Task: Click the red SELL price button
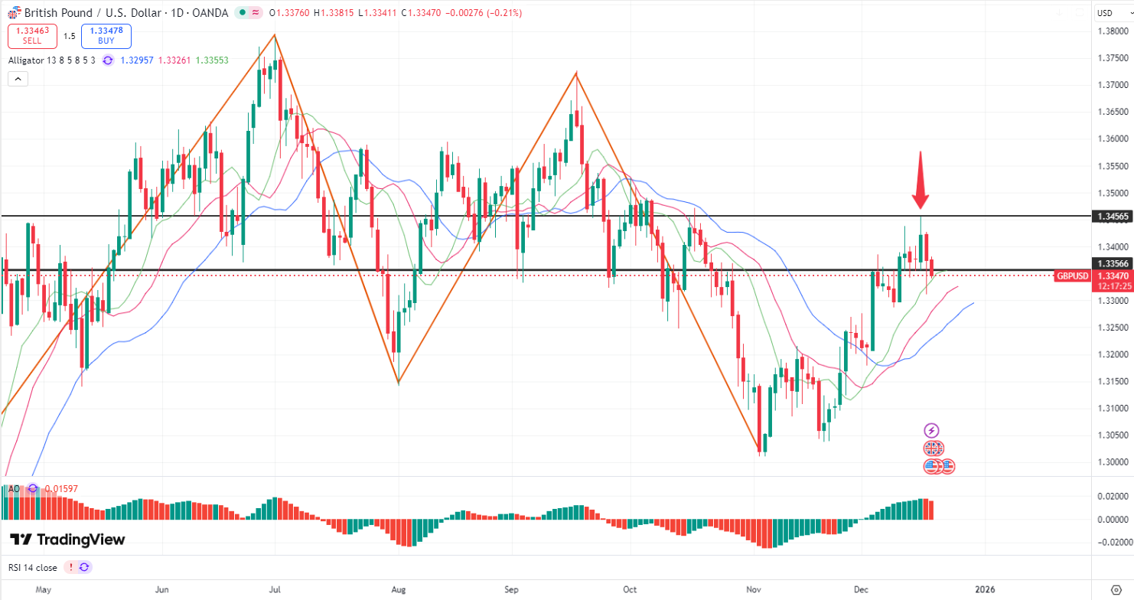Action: (x=31, y=36)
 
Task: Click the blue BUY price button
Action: (x=106, y=36)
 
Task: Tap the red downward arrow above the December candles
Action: (x=920, y=181)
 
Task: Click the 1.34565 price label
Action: (x=1112, y=217)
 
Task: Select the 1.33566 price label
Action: (x=1112, y=262)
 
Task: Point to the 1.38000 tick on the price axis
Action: (x=1112, y=31)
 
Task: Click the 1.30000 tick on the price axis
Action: (x=1112, y=461)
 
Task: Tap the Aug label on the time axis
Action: (x=398, y=590)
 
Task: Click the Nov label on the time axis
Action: (x=754, y=590)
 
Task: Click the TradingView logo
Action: (x=67, y=540)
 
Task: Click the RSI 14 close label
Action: (x=33, y=567)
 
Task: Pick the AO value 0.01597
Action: (x=61, y=488)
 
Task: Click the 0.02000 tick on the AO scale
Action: (x=1112, y=496)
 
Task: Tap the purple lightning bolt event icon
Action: (x=931, y=431)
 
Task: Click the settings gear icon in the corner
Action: (x=1116, y=589)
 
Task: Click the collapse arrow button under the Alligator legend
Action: (x=18, y=78)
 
